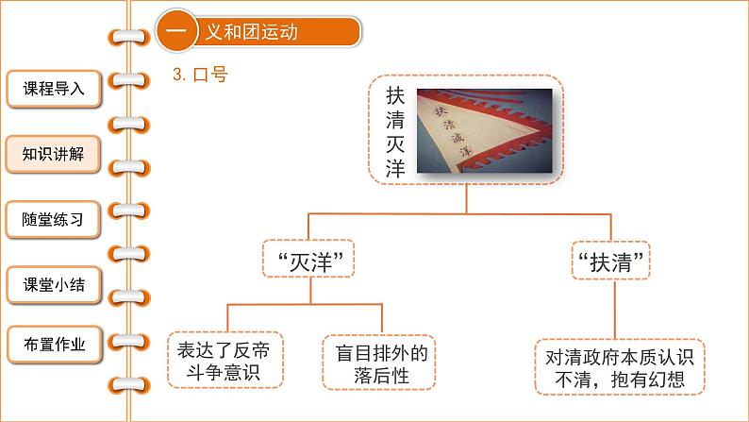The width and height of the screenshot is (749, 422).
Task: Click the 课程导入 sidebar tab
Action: click(54, 90)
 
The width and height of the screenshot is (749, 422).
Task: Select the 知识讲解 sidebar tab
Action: click(54, 155)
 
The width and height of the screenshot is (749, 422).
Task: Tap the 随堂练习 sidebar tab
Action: click(54, 221)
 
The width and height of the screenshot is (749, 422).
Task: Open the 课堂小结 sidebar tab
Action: click(54, 284)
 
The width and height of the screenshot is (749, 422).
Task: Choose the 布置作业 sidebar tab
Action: click(54, 346)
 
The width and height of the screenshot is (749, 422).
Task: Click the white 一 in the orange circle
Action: click(176, 31)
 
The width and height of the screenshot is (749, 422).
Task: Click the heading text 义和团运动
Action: click(251, 31)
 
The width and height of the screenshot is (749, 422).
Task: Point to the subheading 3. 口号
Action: click(201, 76)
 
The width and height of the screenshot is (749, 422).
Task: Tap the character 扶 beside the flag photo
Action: click(395, 97)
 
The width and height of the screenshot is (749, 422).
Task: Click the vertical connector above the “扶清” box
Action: click(610, 228)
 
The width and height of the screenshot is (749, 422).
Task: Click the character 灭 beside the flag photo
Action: click(395, 144)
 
